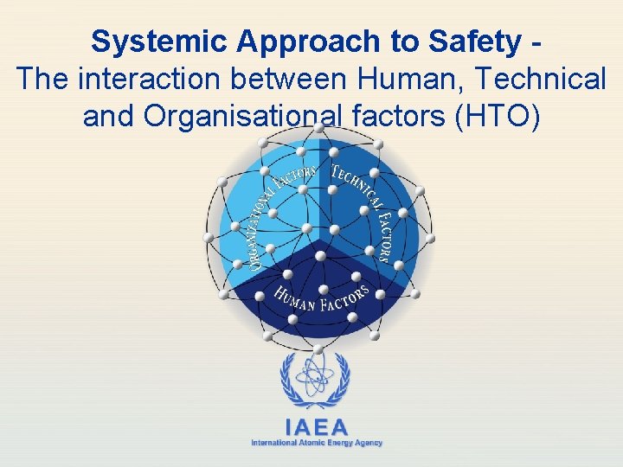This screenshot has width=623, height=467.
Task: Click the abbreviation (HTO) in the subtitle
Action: [497, 116]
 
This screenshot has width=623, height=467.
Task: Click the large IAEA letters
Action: [317, 427]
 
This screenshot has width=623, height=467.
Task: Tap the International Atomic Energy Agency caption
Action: [317, 443]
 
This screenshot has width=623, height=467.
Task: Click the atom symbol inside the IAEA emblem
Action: [316, 377]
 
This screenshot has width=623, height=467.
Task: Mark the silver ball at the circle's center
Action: [320, 256]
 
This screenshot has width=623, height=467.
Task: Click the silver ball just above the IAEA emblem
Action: [318, 349]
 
